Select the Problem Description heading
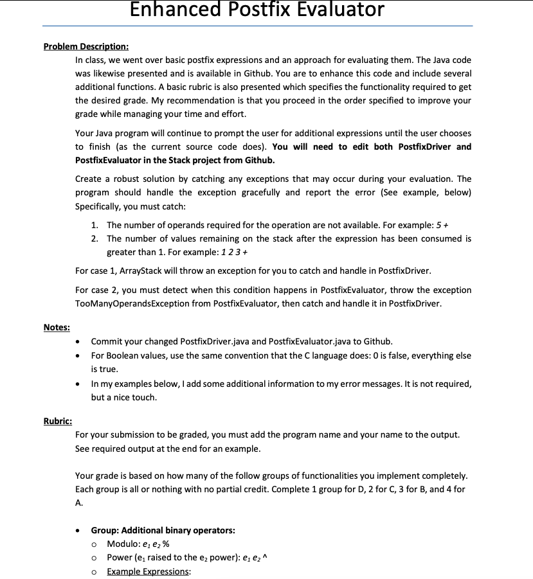(86, 46)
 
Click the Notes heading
(57, 327)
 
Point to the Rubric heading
(57, 421)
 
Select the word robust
(120, 179)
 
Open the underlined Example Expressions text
(149, 572)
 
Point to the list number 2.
(95, 238)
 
